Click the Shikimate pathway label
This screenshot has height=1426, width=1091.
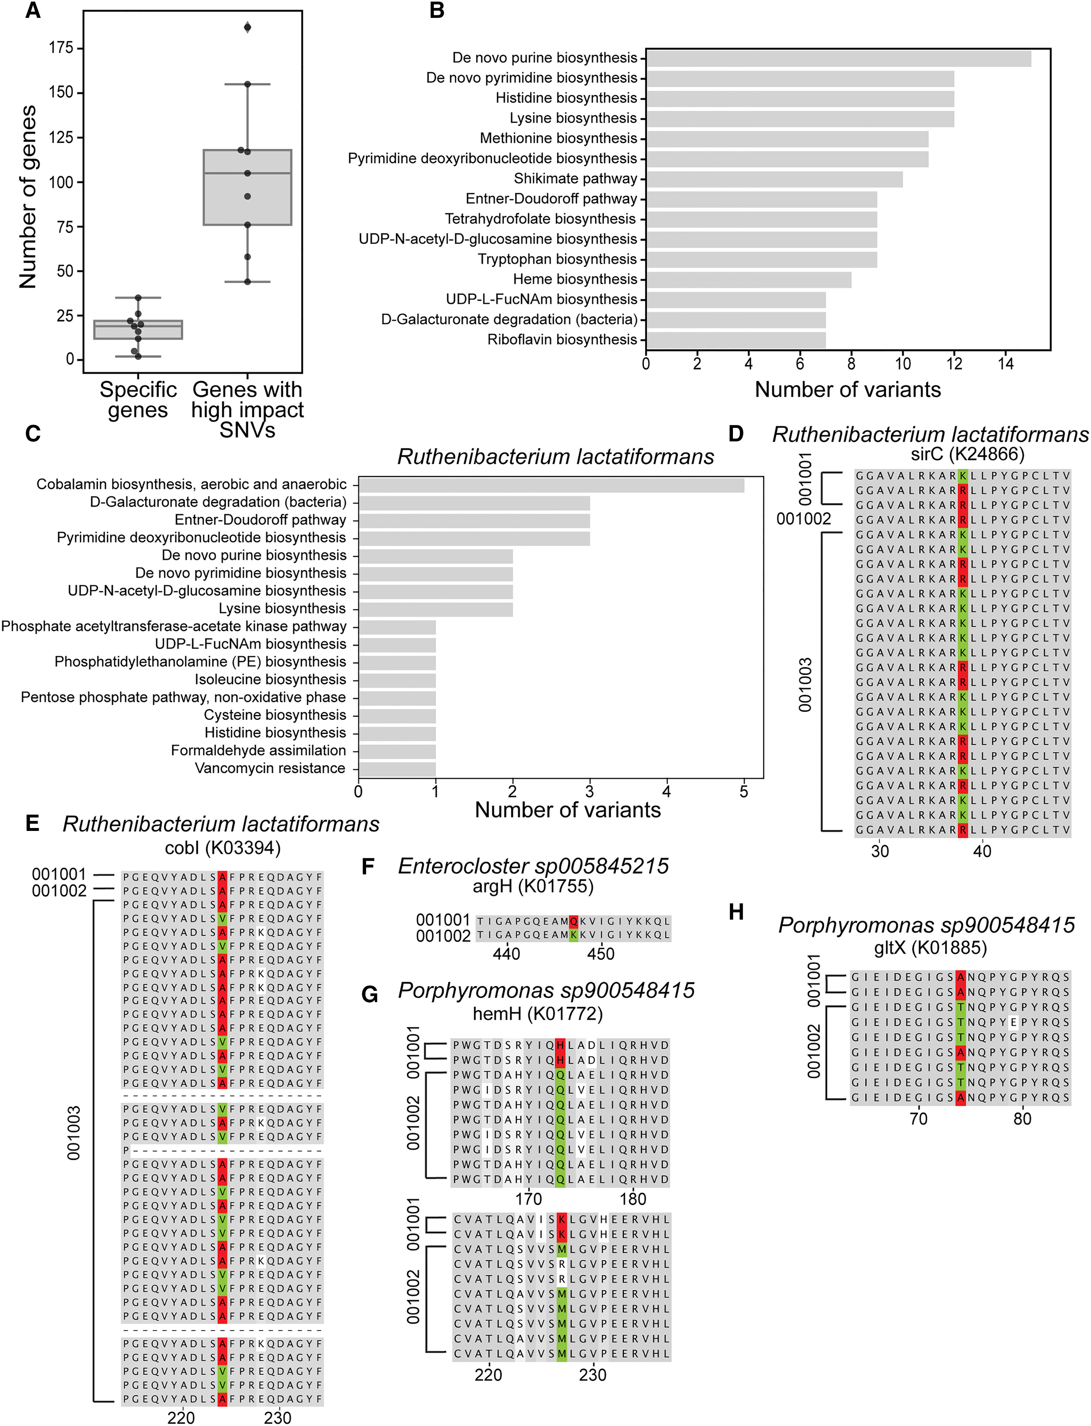coord(575,179)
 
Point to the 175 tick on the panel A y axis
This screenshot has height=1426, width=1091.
coord(62,48)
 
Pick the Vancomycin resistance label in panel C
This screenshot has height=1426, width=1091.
coord(270,768)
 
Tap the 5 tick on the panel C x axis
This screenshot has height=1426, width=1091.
coord(744,791)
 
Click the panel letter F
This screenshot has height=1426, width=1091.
coord(368,866)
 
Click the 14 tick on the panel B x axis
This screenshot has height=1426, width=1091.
coord(1005,364)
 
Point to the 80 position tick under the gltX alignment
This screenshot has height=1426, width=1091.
coord(1022,1118)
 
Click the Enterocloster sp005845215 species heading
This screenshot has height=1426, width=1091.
coord(533,866)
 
